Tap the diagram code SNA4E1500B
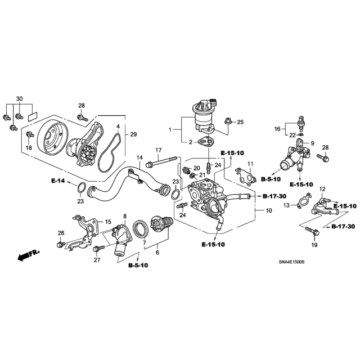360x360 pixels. click(291, 262)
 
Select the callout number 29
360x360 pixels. click(133, 134)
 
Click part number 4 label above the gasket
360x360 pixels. click(118, 126)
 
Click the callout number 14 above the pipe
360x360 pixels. click(139, 157)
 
